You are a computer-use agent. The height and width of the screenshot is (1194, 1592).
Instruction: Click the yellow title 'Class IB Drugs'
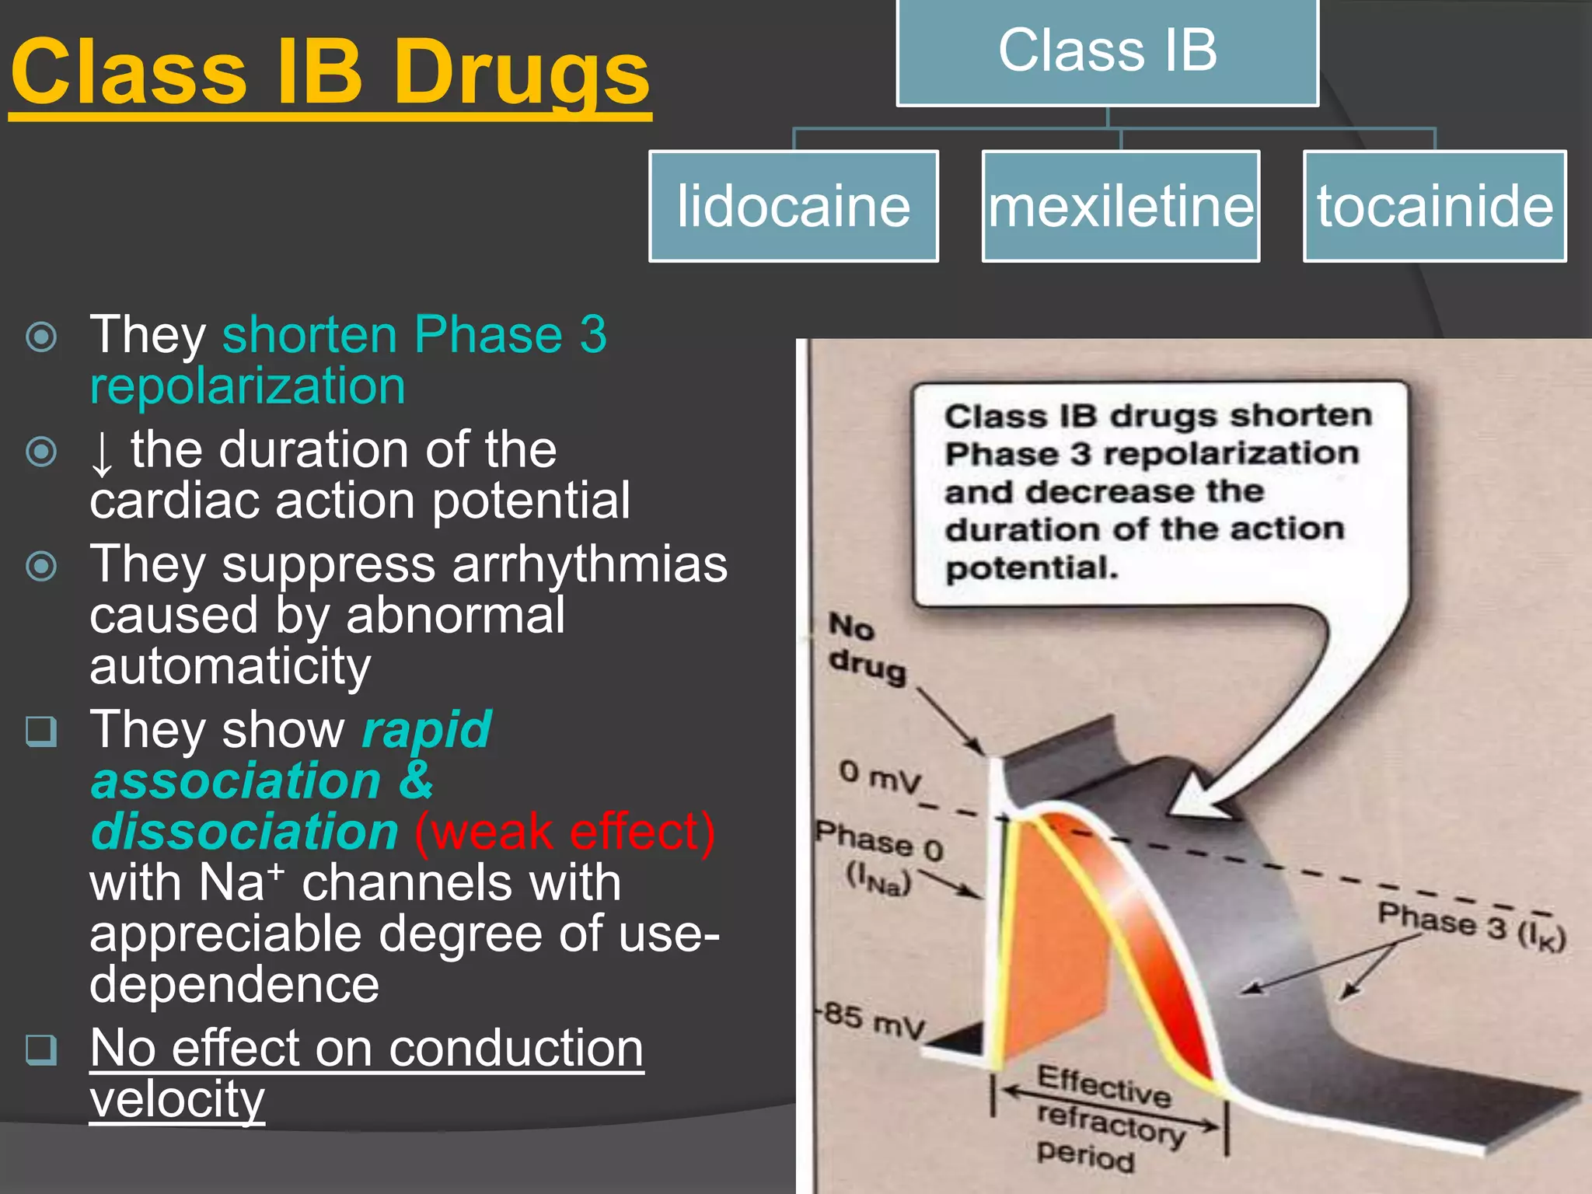(330, 74)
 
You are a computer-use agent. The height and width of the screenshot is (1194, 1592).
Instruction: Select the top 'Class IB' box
(1107, 51)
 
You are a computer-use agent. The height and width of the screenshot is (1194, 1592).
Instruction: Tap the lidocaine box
(794, 206)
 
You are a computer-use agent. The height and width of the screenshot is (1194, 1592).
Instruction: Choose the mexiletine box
(1121, 206)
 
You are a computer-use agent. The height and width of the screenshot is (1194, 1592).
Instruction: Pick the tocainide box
(1434, 206)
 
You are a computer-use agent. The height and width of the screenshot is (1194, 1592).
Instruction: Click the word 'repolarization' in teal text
(247, 386)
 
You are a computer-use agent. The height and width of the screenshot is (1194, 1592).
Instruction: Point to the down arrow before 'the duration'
(102, 453)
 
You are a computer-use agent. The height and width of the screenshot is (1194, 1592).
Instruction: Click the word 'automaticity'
(230, 666)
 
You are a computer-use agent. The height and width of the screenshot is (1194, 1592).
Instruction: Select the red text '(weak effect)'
(564, 831)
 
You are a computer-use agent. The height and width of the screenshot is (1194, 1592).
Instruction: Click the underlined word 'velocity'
(177, 1098)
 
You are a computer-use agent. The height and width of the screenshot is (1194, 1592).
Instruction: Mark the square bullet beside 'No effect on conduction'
(41, 1049)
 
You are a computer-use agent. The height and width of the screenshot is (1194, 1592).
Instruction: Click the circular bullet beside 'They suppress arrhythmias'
(41, 566)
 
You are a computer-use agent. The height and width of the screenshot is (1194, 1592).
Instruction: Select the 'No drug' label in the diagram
(865, 648)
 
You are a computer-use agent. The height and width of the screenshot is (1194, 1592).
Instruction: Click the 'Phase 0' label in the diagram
(879, 843)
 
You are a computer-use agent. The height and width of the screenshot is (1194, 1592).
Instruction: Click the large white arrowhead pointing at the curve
(1201, 797)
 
